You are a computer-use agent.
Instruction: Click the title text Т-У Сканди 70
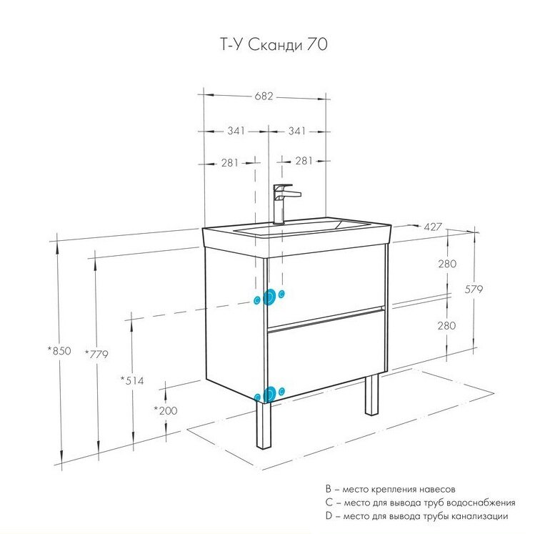(274, 45)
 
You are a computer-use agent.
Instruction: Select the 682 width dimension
(264, 97)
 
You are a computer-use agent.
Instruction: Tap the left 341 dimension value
(236, 131)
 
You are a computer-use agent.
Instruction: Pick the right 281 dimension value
(304, 160)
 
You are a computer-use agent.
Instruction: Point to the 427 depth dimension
(433, 227)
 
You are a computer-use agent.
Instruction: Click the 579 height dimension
(474, 290)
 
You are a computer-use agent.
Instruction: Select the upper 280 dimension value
(447, 264)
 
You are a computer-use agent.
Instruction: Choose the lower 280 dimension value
(446, 326)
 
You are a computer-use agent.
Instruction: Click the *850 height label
(59, 351)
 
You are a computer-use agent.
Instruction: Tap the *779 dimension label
(96, 354)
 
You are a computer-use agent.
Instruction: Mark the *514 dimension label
(132, 380)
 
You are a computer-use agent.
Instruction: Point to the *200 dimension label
(166, 410)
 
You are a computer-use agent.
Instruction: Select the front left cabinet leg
(264, 425)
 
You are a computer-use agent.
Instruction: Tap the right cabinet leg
(371, 394)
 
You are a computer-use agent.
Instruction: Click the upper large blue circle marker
(269, 297)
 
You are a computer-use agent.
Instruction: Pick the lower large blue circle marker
(269, 395)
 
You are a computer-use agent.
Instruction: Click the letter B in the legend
(329, 489)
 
